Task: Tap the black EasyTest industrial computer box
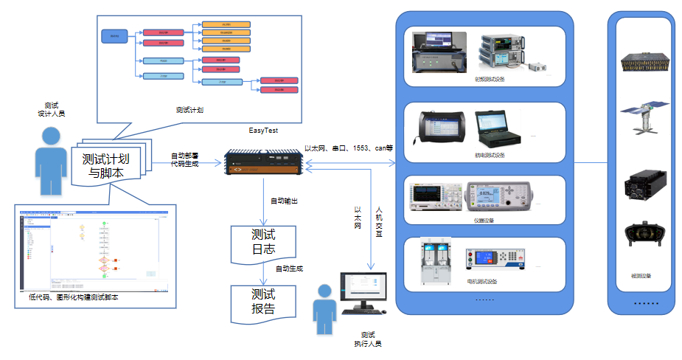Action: (264, 164)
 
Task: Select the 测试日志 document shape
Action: (263, 240)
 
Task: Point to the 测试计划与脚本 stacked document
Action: (112, 166)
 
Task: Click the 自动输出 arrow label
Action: (285, 201)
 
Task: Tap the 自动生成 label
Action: (289, 269)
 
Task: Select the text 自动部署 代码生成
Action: (184, 159)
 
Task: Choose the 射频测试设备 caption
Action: (490, 79)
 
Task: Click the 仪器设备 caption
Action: (484, 220)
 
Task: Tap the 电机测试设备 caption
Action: (482, 281)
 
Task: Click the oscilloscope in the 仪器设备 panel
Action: (434, 197)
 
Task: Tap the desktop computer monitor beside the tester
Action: (363, 291)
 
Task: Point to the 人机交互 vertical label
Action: (380, 221)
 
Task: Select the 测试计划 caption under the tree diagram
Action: (189, 110)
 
